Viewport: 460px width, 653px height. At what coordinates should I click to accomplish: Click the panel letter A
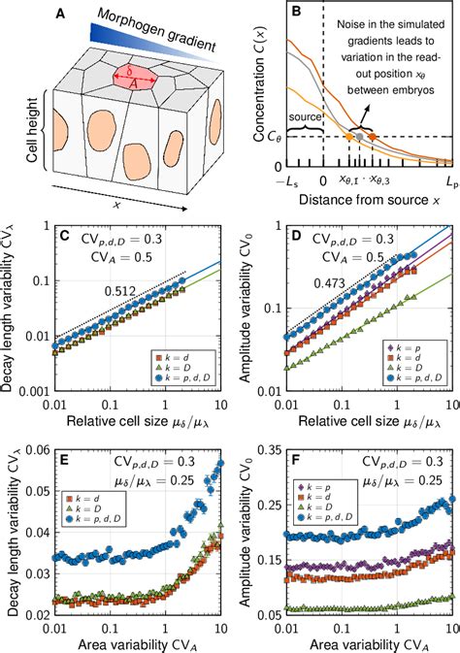[x=60, y=14]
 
